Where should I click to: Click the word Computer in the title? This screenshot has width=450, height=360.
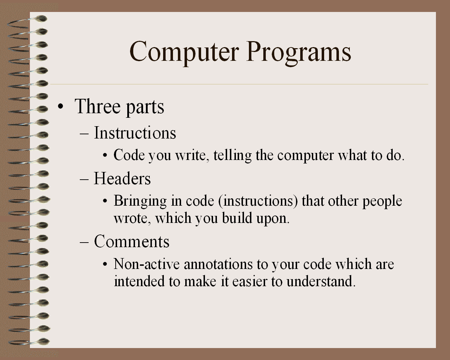point(184,52)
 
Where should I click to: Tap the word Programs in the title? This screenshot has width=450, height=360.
point(298,53)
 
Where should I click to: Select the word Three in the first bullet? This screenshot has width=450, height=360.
point(97,106)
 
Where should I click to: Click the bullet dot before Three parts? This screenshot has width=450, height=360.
point(60,107)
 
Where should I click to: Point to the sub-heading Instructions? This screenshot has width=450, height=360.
point(135,133)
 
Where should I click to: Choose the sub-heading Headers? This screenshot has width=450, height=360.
point(122,178)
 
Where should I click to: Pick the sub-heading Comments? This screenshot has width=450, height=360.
point(132,241)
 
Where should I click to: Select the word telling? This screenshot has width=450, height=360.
point(232,156)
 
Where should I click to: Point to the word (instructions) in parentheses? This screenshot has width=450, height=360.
point(258,201)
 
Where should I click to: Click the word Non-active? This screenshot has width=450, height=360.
point(147,264)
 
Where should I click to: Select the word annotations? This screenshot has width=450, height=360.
point(218,264)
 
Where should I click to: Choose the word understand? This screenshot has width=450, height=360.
point(321,281)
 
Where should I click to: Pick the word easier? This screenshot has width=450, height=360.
point(250,282)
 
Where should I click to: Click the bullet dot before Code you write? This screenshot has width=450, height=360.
point(105,156)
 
